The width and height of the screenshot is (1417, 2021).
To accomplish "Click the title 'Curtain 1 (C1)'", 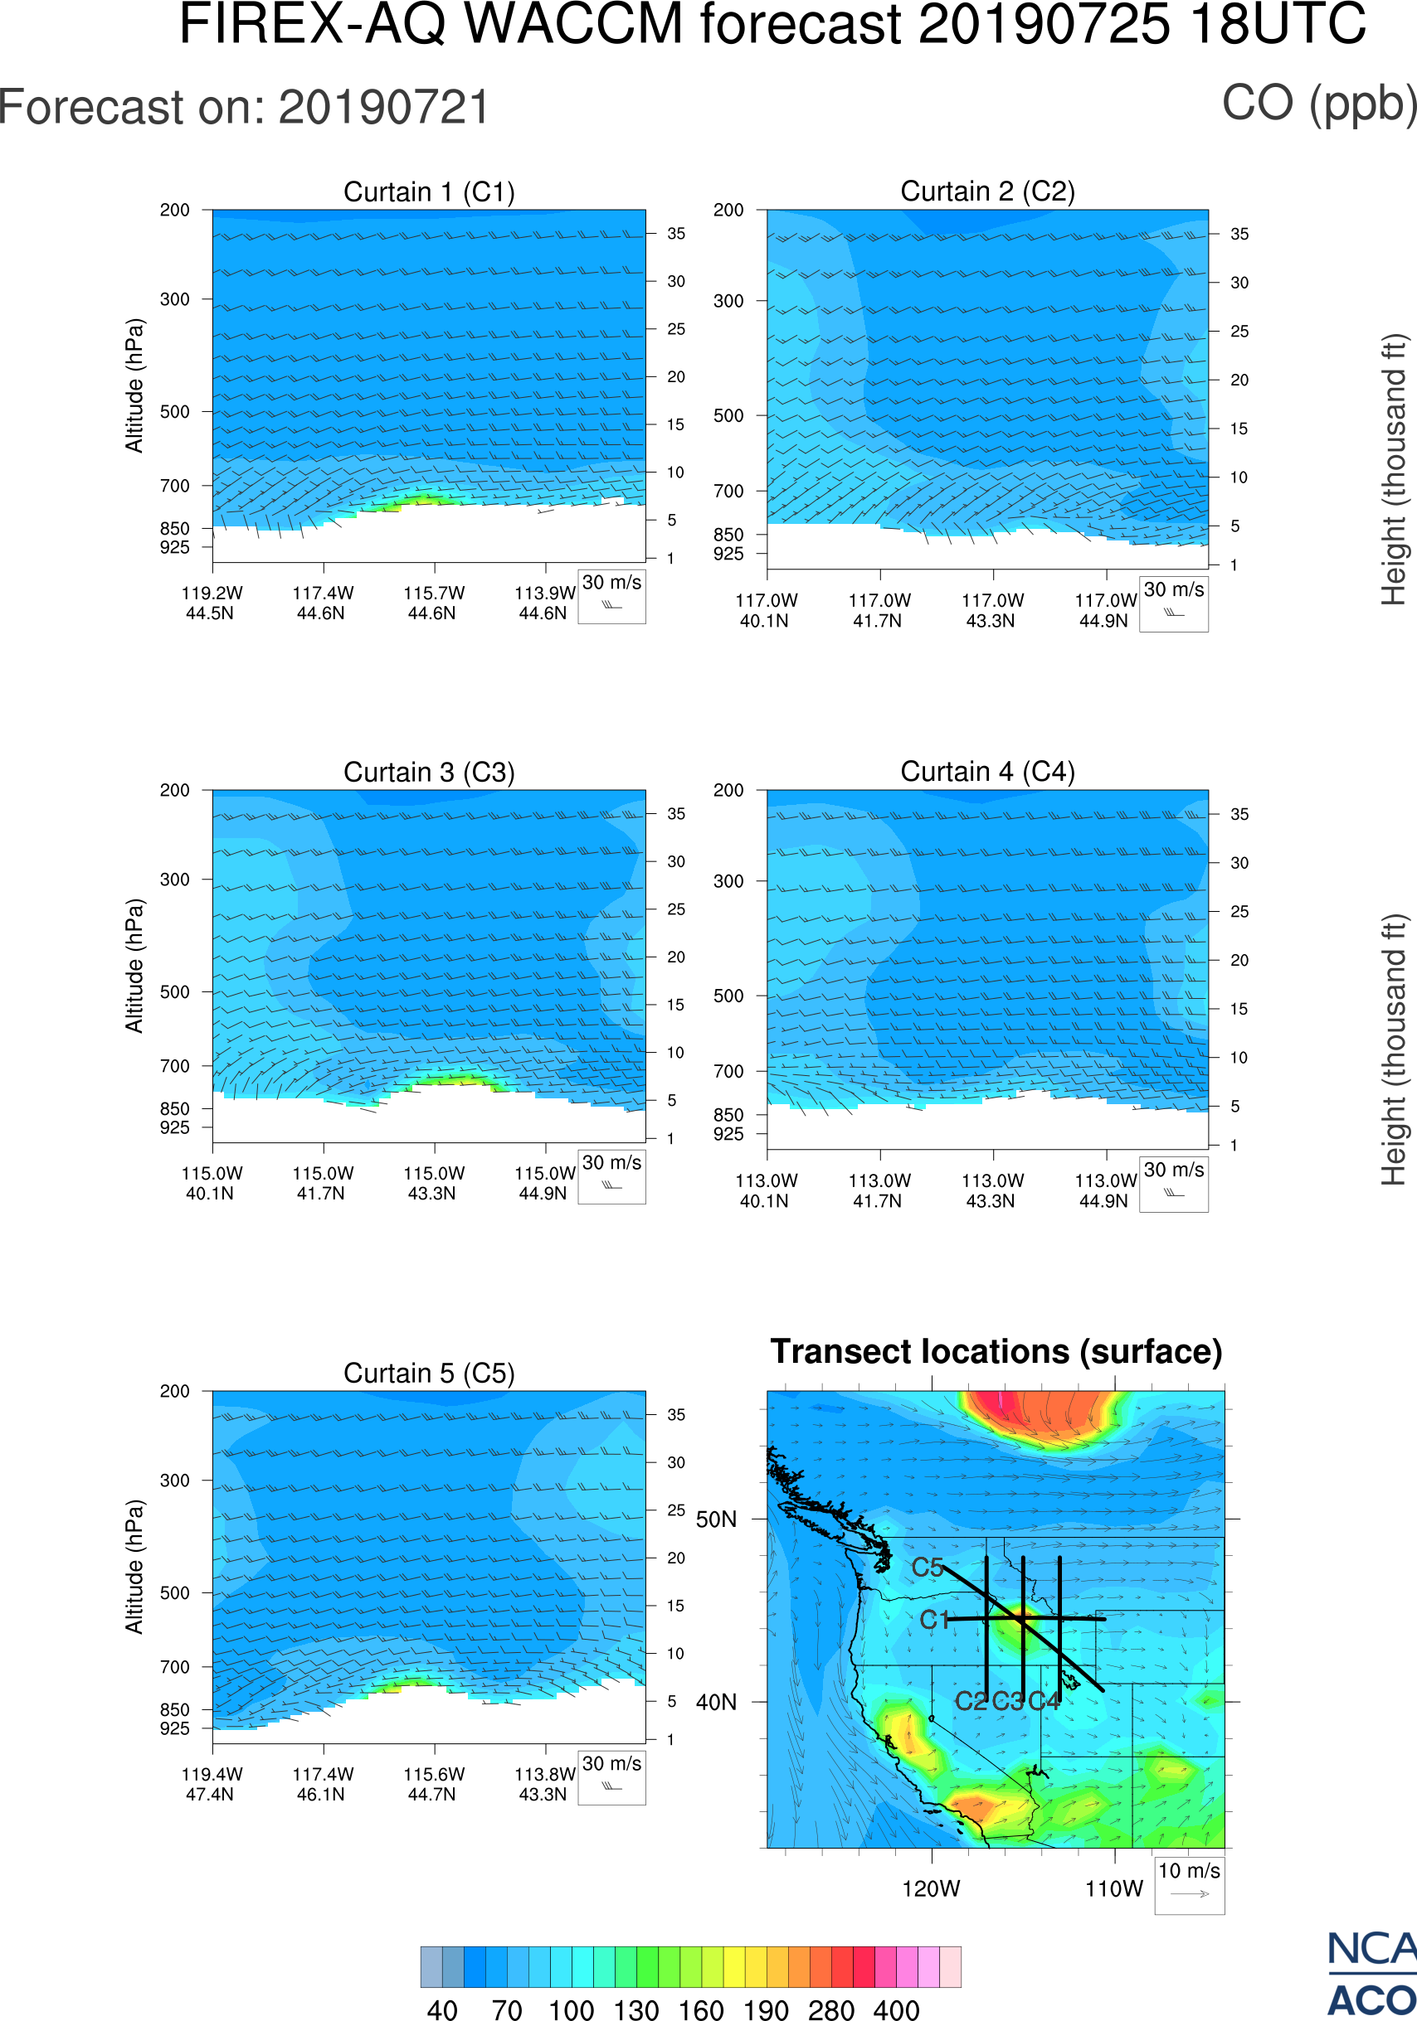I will point(429,191).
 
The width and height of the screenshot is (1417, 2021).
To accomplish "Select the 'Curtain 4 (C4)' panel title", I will point(987,772).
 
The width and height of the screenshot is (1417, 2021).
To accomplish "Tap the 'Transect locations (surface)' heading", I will point(996,1352).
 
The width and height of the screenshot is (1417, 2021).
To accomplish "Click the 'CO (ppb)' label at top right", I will point(1319,104).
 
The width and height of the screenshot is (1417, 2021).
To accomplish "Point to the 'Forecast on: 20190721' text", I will point(244,108).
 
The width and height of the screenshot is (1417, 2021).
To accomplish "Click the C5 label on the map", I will point(927,1568).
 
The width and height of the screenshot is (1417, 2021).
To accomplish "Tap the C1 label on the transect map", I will point(934,1620).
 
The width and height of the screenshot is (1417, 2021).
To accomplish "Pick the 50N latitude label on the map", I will point(716,1520).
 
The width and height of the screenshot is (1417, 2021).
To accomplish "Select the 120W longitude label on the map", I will point(931,1889).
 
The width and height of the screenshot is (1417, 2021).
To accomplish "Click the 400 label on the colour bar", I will point(897,2010).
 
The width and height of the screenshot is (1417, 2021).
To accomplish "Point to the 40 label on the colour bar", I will point(442,2010).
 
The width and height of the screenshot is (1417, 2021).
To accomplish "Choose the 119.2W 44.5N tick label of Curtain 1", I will point(212,603).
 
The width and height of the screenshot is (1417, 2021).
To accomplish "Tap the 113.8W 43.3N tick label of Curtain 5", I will point(543,1784).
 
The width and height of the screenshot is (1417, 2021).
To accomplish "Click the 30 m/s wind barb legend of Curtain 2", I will point(1173,603).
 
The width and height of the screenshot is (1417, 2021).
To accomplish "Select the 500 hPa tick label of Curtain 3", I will point(174,992).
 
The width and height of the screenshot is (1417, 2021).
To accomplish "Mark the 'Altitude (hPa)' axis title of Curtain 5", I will point(134,1567).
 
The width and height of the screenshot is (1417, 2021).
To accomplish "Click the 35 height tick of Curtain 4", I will point(1239,814).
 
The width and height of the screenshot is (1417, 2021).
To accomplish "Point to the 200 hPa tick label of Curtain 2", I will point(728,211).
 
